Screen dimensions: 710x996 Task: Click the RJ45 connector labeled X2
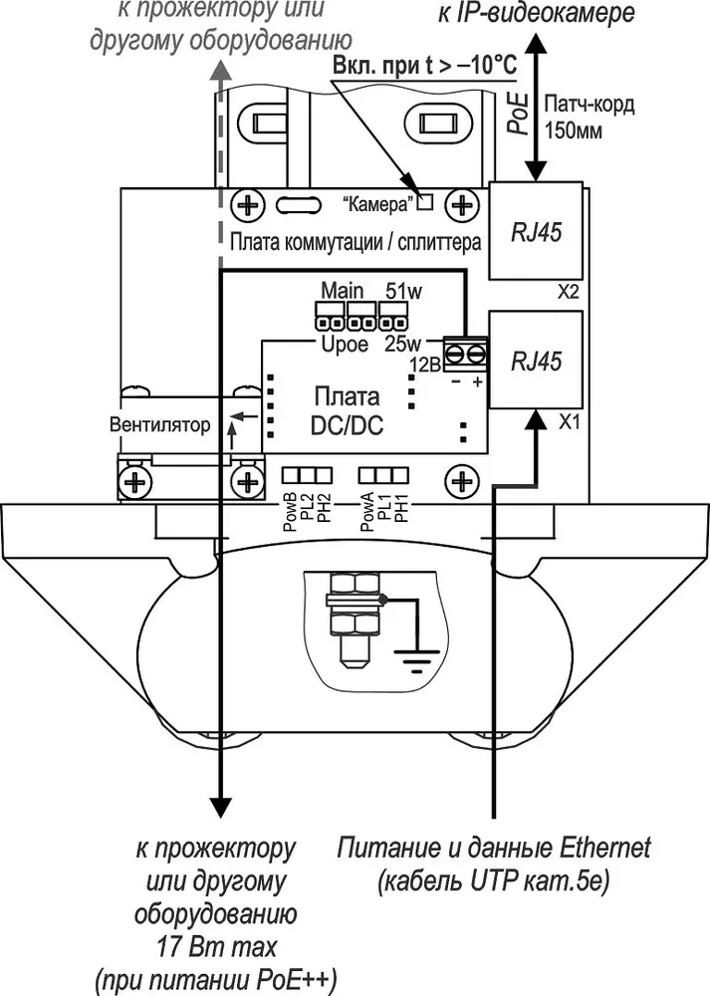tap(536, 231)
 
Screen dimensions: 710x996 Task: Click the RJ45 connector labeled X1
tap(536, 361)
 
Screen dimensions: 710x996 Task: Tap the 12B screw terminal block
tap(466, 355)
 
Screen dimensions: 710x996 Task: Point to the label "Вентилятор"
tap(159, 423)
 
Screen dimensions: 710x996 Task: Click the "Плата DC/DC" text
tap(347, 410)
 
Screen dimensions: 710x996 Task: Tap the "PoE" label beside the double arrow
tap(520, 113)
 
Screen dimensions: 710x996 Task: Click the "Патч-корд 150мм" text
tap(590, 117)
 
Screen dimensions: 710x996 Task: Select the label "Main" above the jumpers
tap(343, 290)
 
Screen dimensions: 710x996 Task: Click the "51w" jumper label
tap(404, 291)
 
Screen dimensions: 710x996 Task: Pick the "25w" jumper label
tap(403, 344)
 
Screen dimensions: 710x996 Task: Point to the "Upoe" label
tap(345, 345)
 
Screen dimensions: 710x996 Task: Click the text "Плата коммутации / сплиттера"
tap(355, 242)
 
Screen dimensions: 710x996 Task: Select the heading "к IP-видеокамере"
tap(536, 13)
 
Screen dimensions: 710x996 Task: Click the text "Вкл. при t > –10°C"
tap(424, 65)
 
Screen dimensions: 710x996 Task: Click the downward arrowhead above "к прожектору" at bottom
tap(220, 806)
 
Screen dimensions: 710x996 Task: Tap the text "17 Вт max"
tap(216, 947)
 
